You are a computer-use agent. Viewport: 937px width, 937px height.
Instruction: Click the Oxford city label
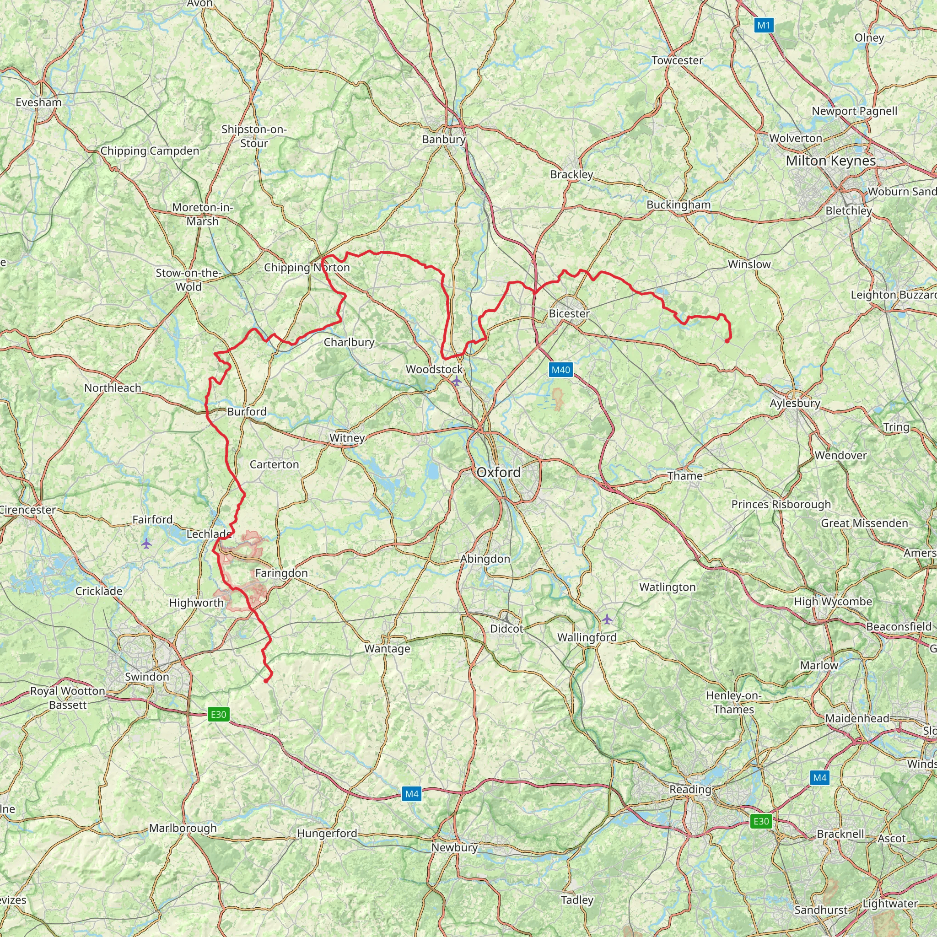point(499,472)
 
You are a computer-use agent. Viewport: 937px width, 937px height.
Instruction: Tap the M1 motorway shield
point(764,25)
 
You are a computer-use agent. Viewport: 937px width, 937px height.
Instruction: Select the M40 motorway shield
point(560,370)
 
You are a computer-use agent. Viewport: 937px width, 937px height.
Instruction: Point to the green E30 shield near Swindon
point(218,714)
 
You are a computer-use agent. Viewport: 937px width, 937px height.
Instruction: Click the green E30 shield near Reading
point(761,821)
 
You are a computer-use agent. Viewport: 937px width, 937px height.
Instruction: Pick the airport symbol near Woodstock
point(456,381)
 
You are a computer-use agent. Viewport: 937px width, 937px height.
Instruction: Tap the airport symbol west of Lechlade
point(146,543)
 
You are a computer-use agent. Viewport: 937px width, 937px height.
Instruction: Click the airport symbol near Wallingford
point(607,619)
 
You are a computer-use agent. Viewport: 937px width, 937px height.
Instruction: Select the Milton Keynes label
point(831,161)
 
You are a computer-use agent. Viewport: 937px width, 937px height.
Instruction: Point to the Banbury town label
point(444,139)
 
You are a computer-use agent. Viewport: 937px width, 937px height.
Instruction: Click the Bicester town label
point(569,313)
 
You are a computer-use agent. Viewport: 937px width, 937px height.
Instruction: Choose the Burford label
point(247,411)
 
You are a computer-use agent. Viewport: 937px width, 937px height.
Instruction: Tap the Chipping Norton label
point(307,267)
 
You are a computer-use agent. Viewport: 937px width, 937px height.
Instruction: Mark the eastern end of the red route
point(727,341)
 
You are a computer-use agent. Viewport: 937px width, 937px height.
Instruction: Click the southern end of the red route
point(266,681)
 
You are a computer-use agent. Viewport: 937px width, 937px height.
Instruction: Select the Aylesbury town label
point(795,403)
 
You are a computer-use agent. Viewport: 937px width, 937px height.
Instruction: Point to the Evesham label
point(39,102)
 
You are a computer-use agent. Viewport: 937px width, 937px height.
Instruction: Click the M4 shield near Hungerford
point(412,794)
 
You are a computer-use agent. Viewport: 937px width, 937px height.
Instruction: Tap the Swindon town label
point(147,677)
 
